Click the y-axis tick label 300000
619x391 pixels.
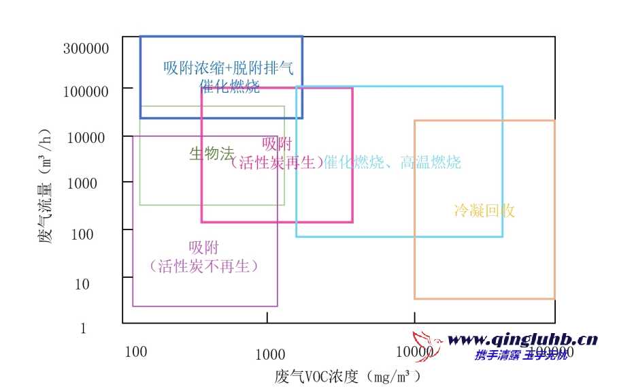[x=86, y=49]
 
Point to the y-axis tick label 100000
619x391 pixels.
[x=86, y=91]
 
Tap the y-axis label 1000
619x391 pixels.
[x=82, y=183]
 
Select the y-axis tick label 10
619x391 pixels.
[x=82, y=284]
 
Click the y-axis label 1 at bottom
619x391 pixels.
[x=84, y=328]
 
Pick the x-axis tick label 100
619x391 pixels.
[x=136, y=351]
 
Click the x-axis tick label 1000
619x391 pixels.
[x=270, y=354]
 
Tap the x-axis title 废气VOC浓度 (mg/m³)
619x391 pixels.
[x=348, y=377]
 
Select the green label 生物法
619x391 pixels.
[x=212, y=154]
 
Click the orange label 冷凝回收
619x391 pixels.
[x=484, y=210]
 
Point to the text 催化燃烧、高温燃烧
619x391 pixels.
[x=392, y=162]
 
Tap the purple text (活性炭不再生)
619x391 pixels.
[x=204, y=266]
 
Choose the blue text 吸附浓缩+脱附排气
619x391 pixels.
[x=229, y=68]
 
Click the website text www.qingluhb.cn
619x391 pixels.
[x=522, y=339]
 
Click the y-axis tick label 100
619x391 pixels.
[x=82, y=235]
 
